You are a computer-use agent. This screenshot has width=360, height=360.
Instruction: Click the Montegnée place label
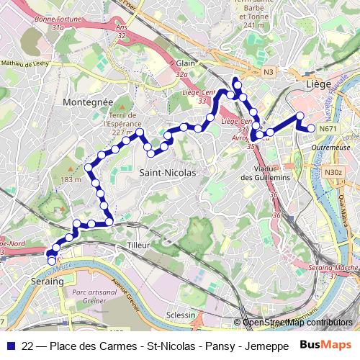[88, 103]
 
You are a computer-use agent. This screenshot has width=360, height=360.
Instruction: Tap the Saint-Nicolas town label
[167, 173]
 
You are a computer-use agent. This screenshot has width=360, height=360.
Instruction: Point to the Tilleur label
[138, 246]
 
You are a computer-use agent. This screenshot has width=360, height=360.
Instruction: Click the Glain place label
[185, 63]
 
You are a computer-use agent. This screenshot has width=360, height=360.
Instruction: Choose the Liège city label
[318, 84]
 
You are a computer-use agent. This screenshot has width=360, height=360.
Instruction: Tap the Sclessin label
[180, 315]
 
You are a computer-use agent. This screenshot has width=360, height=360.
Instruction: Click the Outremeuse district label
[331, 147]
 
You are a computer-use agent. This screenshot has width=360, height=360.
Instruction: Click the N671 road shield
[328, 129]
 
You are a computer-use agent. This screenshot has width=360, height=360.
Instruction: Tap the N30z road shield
[333, 172]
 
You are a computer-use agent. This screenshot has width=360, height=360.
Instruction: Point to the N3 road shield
[268, 71]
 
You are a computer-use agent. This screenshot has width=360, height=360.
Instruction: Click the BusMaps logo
[325, 345]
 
